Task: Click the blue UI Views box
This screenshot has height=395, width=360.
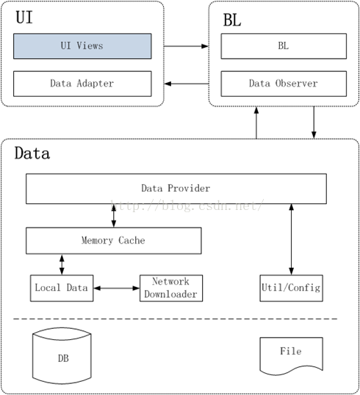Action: pos(82,46)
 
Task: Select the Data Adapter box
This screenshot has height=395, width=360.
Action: pos(82,84)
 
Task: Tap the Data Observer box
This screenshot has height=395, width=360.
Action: pos(284,84)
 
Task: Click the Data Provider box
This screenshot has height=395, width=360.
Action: pos(176,189)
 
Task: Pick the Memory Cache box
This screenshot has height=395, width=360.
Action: pos(113,241)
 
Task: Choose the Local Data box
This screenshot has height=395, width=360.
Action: pos(62,289)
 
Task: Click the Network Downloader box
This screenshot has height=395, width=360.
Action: pos(171,289)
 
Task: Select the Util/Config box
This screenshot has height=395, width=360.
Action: pos(292,289)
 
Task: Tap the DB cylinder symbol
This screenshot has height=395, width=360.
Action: pos(62,356)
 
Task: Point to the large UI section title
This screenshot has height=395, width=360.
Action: pos(24,18)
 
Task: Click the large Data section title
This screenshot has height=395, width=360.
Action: pos(32,153)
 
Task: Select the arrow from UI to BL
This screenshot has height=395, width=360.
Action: pos(187,46)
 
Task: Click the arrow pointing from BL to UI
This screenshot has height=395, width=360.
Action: pos(187,84)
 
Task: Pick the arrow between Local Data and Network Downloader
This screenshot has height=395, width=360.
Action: pos(117,288)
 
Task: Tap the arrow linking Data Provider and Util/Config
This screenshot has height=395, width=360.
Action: pos(292,239)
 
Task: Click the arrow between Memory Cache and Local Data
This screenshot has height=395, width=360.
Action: pos(62,264)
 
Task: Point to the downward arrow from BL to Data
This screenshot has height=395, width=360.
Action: pos(314,123)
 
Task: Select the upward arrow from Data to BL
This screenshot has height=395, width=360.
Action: pos(256,123)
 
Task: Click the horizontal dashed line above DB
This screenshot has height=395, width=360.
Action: pos(176,319)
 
